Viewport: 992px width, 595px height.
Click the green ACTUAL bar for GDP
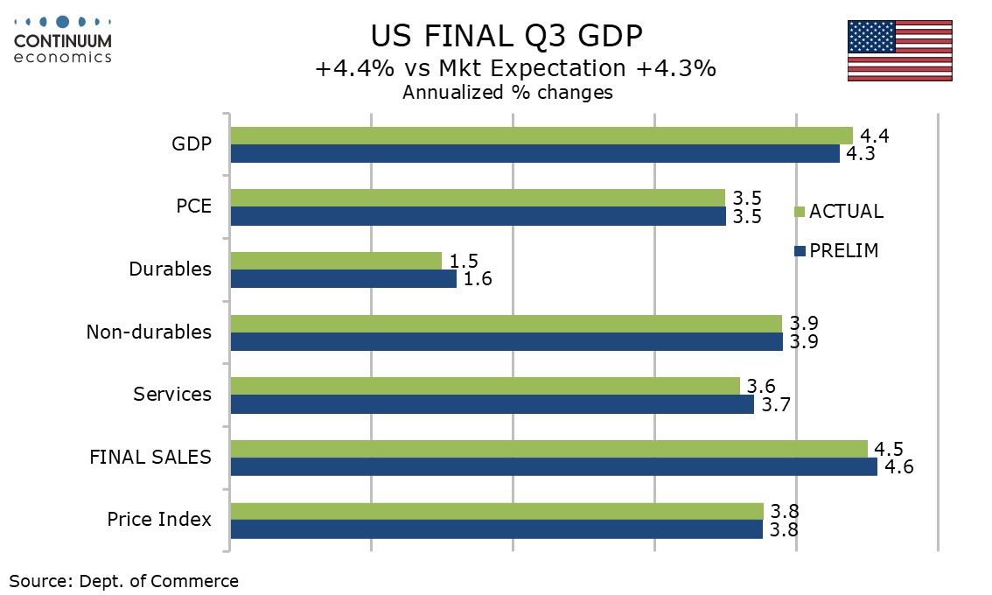tap(541, 136)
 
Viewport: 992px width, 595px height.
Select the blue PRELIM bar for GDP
tap(534, 154)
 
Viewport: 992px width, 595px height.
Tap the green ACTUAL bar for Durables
tap(336, 261)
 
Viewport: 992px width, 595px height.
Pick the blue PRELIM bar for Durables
tap(343, 279)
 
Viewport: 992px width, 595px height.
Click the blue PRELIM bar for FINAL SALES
tap(553, 467)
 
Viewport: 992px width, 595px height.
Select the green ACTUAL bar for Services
tap(485, 386)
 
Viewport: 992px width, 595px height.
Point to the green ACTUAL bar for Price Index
tap(496, 511)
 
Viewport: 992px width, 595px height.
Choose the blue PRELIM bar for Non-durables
tap(506, 342)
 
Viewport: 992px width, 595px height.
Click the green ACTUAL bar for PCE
tap(478, 198)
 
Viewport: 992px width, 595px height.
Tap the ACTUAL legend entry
tap(839, 212)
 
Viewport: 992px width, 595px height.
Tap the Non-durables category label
tap(149, 332)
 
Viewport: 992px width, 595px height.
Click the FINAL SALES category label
tap(150, 457)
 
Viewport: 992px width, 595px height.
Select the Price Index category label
tap(159, 520)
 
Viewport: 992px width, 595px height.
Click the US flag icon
tap(899, 51)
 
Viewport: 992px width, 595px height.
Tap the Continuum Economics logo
tap(63, 38)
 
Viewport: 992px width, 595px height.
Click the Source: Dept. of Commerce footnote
tap(123, 581)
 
